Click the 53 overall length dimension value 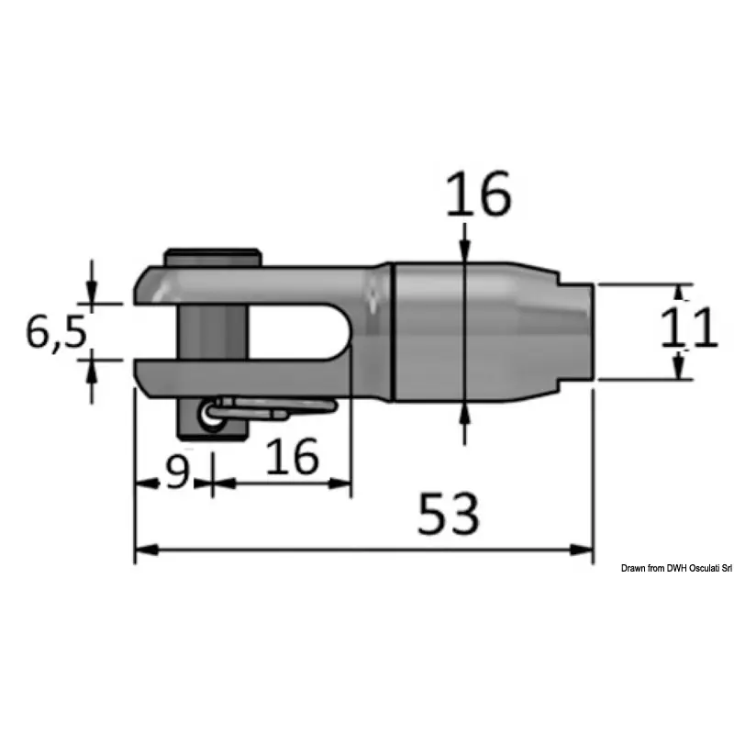click(449, 514)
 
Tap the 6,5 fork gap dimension click(56, 332)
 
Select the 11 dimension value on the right click(689, 328)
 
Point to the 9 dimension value click(177, 472)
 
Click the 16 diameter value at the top click(478, 194)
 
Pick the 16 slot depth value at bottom click(293, 455)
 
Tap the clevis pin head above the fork click(213, 257)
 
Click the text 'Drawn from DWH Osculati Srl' click(676, 568)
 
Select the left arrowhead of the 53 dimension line click(146, 550)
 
